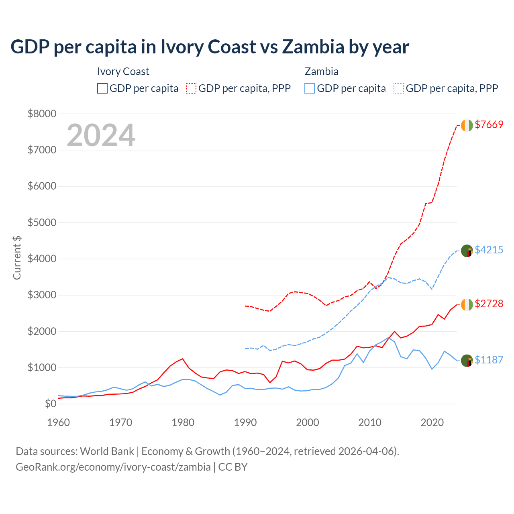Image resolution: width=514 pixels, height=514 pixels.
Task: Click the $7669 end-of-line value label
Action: point(489,124)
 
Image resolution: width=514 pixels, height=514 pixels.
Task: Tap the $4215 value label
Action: point(489,250)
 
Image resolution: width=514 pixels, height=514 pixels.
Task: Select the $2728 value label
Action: point(489,304)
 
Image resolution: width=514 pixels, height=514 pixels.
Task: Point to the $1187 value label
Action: point(489,360)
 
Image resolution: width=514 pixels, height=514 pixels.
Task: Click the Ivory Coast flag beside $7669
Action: point(467,125)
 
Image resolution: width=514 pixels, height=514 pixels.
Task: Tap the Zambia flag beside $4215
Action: point(467,251)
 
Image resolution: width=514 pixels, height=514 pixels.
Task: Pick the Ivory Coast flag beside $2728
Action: point(467,305)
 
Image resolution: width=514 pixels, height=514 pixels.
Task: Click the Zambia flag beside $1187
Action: point(467,361)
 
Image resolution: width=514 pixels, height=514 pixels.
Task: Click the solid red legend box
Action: point(102,88)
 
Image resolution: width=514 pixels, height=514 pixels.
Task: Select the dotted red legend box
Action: point(192,88)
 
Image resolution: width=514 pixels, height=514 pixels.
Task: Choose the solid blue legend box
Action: point(310,88)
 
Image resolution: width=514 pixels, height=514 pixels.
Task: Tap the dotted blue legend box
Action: point(399,88)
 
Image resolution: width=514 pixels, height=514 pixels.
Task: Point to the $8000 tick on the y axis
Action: point(42,114)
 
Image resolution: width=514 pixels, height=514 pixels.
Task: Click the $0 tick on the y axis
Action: point(50,404)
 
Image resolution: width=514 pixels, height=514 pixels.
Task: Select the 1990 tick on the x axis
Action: point(245,422)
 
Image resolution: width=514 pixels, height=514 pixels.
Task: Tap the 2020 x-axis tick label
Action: point(432,422)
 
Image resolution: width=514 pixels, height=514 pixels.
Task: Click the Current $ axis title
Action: point(17,258)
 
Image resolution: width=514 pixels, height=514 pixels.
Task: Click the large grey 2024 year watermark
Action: point(101,135)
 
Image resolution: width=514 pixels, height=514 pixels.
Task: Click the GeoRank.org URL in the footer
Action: point(113,467)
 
